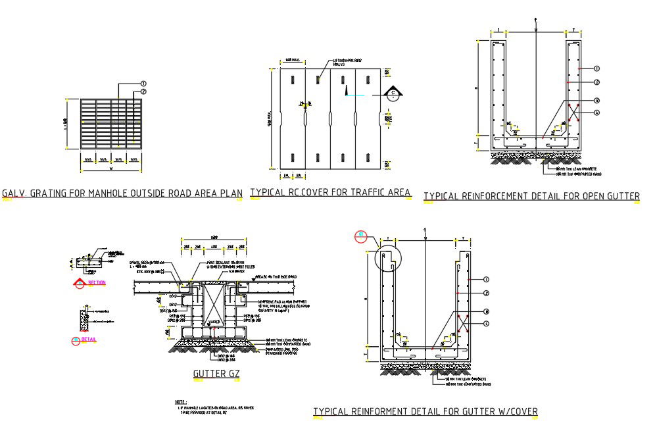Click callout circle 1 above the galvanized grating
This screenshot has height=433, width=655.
(x=142, y=84)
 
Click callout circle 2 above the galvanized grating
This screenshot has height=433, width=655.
(x=142, y=91)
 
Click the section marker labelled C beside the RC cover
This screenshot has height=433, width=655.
(x=393, y=93)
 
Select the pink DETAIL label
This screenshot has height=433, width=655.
(x=89, y=340)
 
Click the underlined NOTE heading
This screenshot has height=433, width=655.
(x=181, y=401)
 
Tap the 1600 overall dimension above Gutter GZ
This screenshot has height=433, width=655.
(x=214, y=237)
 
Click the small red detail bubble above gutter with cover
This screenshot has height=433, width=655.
(x=360, y=235)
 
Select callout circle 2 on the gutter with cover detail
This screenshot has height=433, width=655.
(x=485, y=292)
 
